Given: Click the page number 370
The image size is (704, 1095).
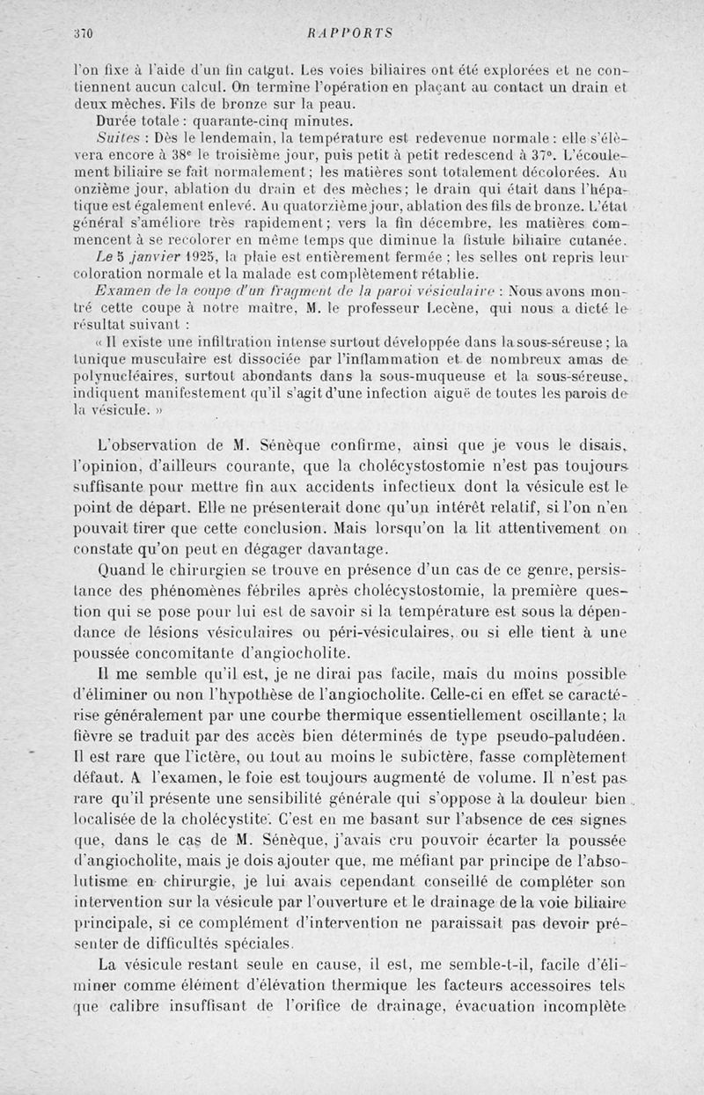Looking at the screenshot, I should coord(84,33).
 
